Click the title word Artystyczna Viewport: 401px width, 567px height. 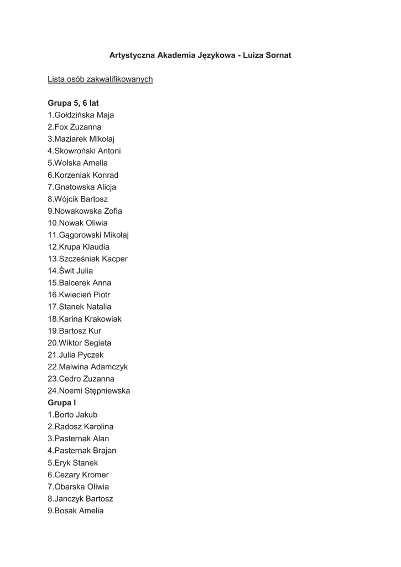pos(132,55)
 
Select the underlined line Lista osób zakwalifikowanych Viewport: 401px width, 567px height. pos(100,79)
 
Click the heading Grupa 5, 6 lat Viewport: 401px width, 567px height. pos(73,103)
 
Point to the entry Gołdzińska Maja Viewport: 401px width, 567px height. pos(81,115)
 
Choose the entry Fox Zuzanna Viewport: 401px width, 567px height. pos(74,127)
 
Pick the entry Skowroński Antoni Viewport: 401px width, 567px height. pos(84,151)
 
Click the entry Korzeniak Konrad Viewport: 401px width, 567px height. pos(83,175)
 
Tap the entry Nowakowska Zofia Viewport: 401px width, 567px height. pos(85,211)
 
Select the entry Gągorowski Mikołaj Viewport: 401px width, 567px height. pos(88,235)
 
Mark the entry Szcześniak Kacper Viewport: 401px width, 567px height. pos(87,259)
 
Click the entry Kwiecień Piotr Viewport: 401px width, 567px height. pos(79,295)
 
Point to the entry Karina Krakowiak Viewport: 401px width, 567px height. pos(85,319)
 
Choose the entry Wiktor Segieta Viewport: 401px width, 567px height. pos(79,343)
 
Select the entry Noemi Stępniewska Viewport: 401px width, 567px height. pos(88,390)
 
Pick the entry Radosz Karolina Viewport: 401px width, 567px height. pos(80,426)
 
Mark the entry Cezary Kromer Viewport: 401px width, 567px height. pos(78,475)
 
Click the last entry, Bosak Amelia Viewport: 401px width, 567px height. pos(75,511)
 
